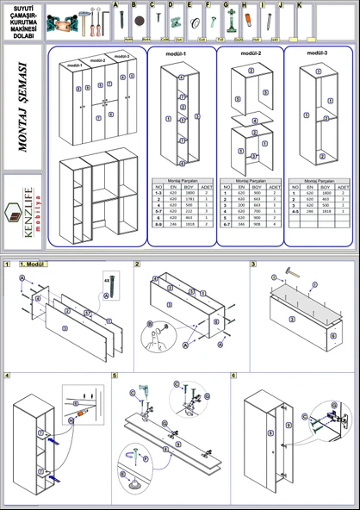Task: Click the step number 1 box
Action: pos(8,264)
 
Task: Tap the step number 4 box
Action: pos(8,376)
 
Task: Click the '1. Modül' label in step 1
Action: pos(31,264)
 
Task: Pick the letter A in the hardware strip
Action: pos(115,5)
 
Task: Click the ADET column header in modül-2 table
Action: pos(275,186)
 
